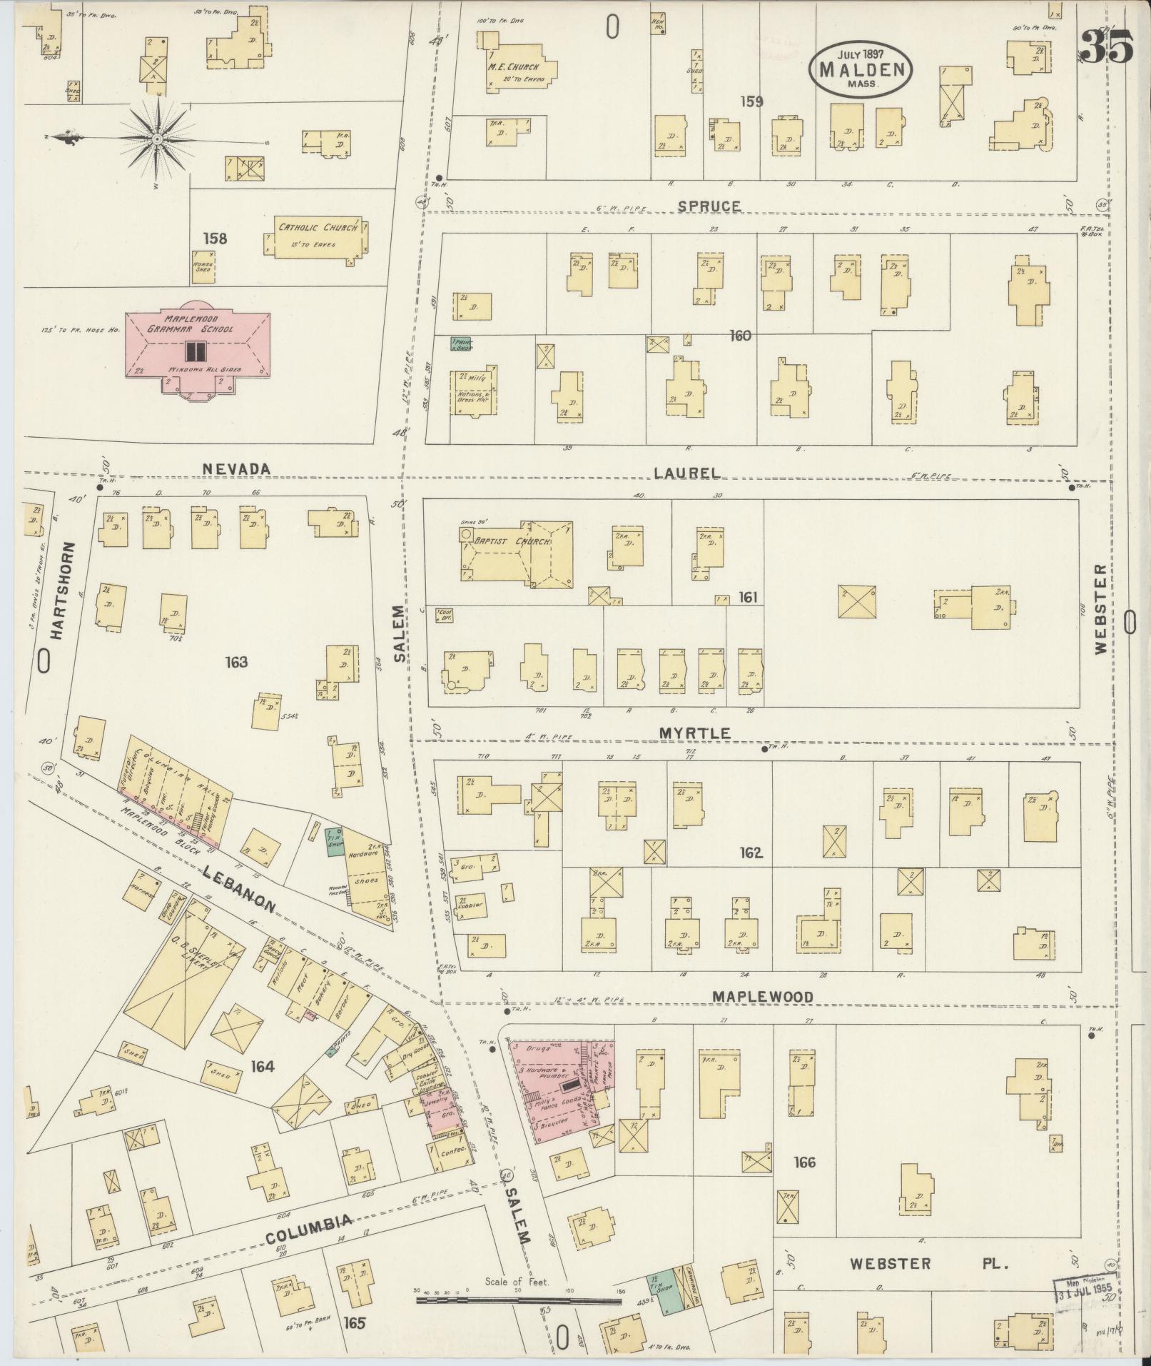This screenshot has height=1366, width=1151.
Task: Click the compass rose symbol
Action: [x=156, y=138]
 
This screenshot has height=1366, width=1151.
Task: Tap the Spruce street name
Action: [x=709, y=206]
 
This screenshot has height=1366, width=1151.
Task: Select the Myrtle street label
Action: [x=694, y=733]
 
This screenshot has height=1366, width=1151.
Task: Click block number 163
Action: [x=235, y=662]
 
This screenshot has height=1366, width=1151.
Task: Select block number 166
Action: [x=804, y=1162]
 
